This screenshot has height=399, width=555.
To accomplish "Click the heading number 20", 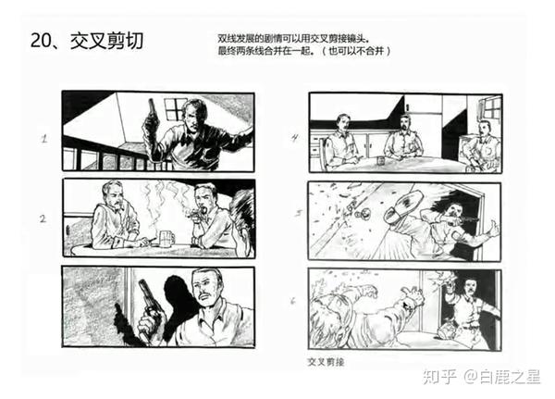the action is point(42,41).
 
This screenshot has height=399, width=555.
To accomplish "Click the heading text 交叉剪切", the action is point(107,41).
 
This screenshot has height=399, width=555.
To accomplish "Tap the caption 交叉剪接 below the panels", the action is point(326,362).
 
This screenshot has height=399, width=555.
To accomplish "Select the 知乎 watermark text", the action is point(439,377).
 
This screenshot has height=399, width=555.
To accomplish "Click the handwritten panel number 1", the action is point(43,139).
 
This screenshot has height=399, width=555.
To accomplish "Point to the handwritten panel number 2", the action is point(43,218).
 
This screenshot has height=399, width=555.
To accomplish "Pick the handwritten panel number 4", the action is point(294,138).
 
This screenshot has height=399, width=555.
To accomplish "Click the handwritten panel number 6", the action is point(292,301).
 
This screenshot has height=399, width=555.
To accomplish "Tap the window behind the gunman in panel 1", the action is point(175,108).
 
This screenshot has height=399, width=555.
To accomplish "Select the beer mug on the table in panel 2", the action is point(166,238).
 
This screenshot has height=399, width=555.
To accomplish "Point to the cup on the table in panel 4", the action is point(380,160).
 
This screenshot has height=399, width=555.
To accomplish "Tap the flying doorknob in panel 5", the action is point(363,214).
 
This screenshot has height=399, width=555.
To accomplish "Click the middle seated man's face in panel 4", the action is point(406,123).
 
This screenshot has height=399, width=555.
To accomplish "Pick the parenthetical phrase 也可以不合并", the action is point(357,51).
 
